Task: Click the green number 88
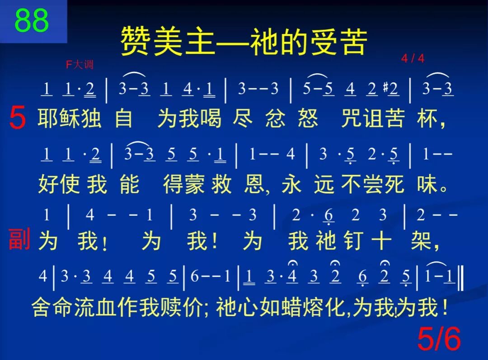tap(32, 20)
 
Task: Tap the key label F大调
tap(80, 65)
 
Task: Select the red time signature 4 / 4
tap(413, 59)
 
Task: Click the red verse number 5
tap(18, 119)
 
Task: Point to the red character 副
tap(19, 240)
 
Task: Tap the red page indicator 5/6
tap(439, 339)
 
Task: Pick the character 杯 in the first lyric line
tap(428, 119)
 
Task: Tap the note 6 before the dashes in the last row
tap(194, 276)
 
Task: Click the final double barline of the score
tap(460, 277)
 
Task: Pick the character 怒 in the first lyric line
tap(308, 119)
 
